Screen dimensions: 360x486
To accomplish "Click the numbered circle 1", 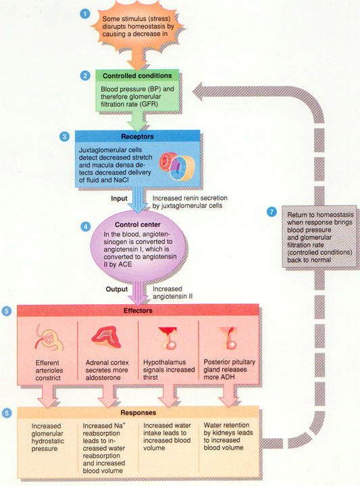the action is pyautogui.click(x=85, y=14).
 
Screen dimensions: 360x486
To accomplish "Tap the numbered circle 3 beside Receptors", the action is pyautogui.click(x=64, y=137).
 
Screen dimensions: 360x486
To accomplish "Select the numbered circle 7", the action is pyautogui.click(x=272, y=212).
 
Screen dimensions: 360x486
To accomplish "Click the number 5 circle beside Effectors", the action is pyautogui.click(x=7, y=311).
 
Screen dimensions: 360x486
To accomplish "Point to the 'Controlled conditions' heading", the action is pyautogui.click(x=137, y=76).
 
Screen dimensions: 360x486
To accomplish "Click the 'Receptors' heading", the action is pyautogui.click(x=137, y=137).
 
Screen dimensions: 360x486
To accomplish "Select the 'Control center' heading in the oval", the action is pyautogui.click(x=138, y=224).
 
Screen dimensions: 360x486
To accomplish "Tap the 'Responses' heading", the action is pyautogui.click(x=138, y=413).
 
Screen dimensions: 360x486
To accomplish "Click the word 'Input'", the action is pyautogui.click(x=119, y=199).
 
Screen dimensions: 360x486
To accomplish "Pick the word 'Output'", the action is pyautogui.click(x=117, y=289).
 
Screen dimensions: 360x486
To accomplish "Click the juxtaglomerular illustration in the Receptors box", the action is pyautogui.click(x=177, y=167).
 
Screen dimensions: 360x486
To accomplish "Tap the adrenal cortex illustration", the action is pyautogui.click(x=106, y=337).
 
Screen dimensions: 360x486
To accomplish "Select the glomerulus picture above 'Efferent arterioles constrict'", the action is pyautogui.click(x=48, y=340).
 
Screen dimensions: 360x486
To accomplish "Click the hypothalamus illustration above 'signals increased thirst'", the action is pyautogui.click(x=168, y=338).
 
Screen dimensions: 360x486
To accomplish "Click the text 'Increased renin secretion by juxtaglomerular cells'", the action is pyautogui.click(x=190, y=202).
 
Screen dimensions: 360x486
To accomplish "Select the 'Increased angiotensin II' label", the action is pyautogui.click(x=172, y=293).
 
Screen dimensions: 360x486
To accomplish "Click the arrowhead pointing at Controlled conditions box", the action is pyautogui.click(x=198, y=91).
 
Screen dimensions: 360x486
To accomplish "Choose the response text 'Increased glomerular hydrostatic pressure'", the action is pyautogui.click(x=47, y=437).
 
